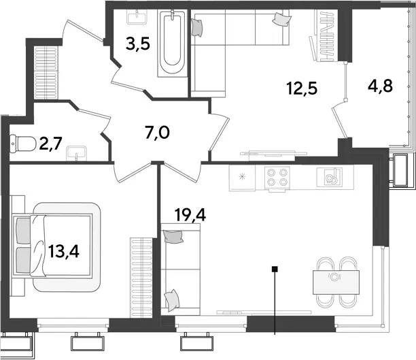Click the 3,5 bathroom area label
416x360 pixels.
tap(138, 44)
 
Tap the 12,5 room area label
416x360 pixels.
tap(302, 88)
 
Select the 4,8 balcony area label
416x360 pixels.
tap(380, 86)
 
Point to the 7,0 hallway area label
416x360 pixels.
tap(157, 133)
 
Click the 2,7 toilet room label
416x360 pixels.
tap(50, 144)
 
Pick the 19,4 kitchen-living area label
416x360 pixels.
tap(190, 214)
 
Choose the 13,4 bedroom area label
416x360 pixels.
tap(64, 251)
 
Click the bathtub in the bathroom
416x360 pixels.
tap(172, 44)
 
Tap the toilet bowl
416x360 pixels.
tap(23, 144)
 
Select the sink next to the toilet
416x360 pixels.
tap(77, 153)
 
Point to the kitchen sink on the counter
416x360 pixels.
tap(329, 177)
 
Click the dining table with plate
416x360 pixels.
tap(336, 282)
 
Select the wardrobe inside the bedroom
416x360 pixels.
tap(141, 278)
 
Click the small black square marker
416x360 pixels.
tap(275, 269)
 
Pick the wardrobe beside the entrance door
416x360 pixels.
tap(46, 73)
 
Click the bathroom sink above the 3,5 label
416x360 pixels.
tap(137, 17)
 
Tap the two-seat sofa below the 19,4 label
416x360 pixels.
tap(181, 269)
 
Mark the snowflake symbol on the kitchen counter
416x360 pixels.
tap(242, 177)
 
